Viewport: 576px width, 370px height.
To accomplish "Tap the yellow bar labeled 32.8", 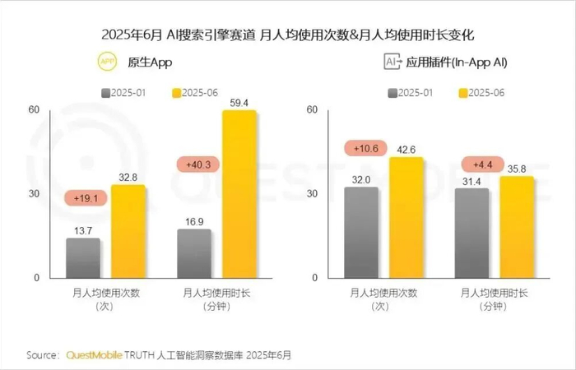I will pyautogui.click(x=128, y=231).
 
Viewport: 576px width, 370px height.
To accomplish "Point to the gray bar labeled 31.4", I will pyautogui.click(x=471, y=234).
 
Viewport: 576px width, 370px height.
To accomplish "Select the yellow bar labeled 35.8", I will pyautogui.click(x=517, y=227).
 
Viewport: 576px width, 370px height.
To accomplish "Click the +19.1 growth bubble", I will pyautogui.click(x=85, y=198).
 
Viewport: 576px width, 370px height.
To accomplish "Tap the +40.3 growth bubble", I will pyautogui.click(x=198, y=164).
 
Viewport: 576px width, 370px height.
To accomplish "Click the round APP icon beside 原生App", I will pyautogui.click(x=107, y=62).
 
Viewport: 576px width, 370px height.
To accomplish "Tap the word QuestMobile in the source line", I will pyautogui.click(x=93, y=355).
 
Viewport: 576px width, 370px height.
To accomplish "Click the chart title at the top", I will pyautogui.click(x=287, y=35).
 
